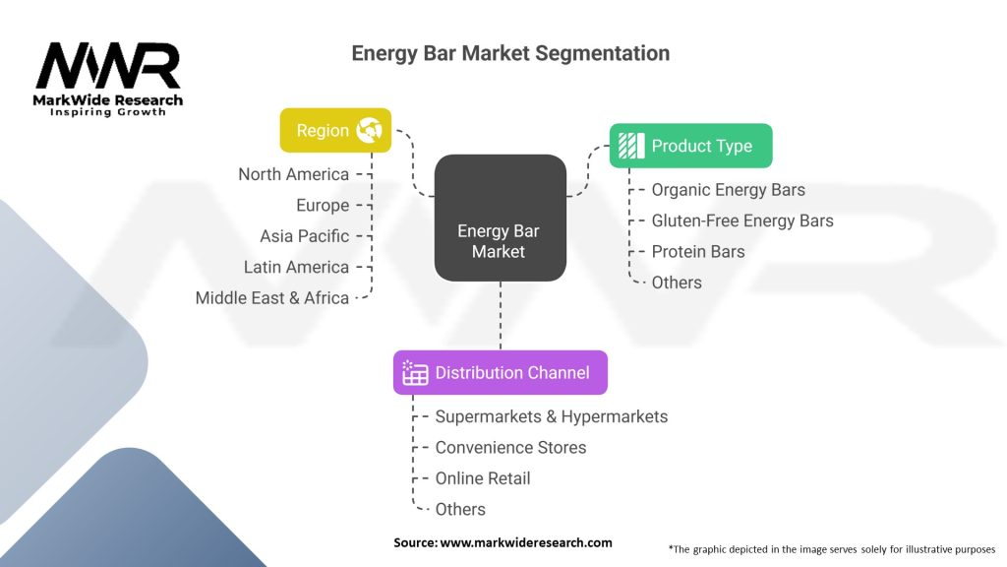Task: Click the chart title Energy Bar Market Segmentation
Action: (510, 53)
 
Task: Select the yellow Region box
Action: (335, 130)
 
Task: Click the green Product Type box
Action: (690, 146)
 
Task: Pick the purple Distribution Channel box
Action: (500, 372)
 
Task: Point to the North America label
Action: (293, 174)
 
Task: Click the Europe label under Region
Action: (323, 205)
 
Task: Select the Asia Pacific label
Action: (304, 236)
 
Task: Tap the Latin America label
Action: (296, 267)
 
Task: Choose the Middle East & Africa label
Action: (271, 297)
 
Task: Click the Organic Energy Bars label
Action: (728, 190)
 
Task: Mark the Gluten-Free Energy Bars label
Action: (742, 220)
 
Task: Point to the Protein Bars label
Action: (698, 251)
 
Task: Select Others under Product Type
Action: (677, 283)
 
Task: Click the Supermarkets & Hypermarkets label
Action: (551, 416)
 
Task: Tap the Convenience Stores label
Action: (510, 447)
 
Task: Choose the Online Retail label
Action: (483, 478)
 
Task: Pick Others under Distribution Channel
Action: (460, 509)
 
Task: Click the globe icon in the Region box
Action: (370, 130)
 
